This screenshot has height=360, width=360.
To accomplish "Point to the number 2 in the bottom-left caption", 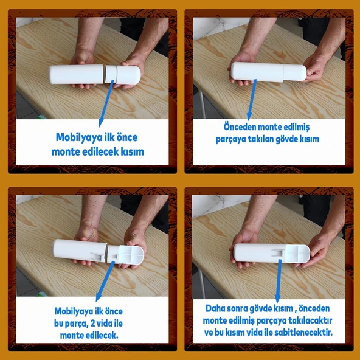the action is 93,324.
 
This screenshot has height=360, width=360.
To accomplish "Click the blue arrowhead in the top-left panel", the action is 100,123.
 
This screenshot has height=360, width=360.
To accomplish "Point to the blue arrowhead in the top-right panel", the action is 249,116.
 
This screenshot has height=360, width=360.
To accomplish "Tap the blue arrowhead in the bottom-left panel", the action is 99,297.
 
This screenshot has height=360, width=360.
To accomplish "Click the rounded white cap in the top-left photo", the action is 128,75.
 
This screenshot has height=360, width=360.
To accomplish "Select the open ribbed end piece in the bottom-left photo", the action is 131,255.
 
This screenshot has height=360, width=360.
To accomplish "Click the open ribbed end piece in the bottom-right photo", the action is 297,254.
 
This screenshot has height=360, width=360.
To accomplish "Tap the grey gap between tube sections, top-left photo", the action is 104,74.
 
